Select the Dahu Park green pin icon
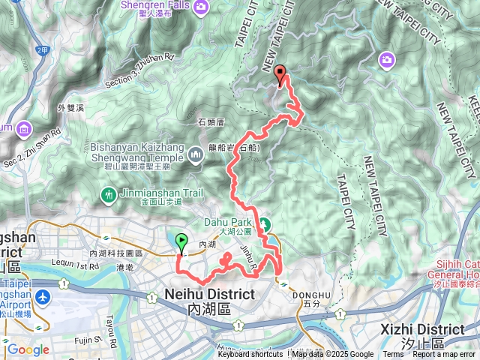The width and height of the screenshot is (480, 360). (265, 223)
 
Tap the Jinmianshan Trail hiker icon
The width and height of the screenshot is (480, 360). (108, 195)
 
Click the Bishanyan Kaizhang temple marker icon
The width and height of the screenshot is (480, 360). (196, 154)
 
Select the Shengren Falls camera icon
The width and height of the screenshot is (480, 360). (200, 7)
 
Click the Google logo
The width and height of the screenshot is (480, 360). (28, 349)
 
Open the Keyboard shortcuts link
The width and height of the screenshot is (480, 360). (251, 355)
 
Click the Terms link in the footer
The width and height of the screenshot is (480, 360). (393, 355)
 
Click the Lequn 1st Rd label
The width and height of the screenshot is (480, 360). (76, 265)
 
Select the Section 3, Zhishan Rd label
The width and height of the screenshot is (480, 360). (140, 70)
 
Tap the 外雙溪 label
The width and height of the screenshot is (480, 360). (69, 108)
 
